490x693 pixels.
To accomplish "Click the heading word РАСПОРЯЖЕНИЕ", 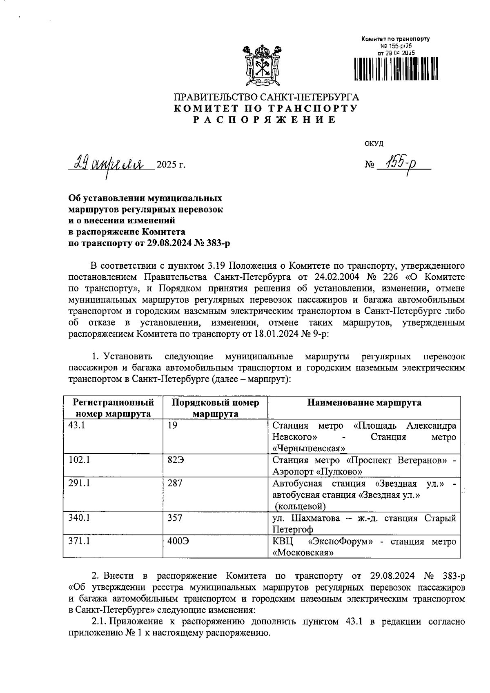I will click(x=265, y=120).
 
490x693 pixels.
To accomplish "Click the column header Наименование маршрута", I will click(x=364, y=403).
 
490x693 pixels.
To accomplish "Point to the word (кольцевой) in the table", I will click(x=301, y=507).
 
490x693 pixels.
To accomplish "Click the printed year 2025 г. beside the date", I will click(x=171, y=165).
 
